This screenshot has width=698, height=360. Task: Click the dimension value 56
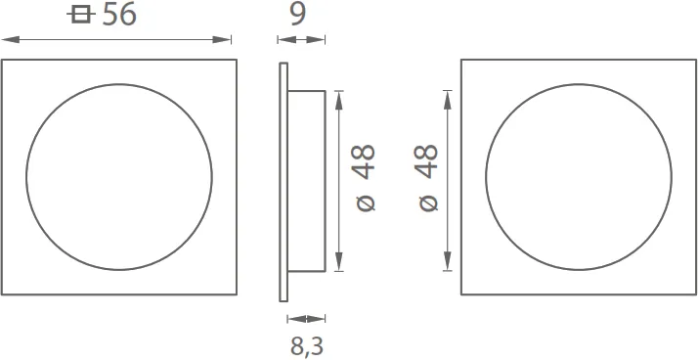119,15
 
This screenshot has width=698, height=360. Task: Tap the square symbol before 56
81,15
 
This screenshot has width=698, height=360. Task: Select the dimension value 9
298,15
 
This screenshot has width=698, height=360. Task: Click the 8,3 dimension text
307,346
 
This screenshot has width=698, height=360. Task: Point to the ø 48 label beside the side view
366,177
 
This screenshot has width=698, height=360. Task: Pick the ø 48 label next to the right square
429,177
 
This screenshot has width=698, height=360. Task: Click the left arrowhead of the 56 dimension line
11,40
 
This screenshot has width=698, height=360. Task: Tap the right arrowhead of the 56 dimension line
222,40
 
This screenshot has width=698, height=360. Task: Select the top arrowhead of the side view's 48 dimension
339,100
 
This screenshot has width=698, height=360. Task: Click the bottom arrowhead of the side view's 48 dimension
339,261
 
